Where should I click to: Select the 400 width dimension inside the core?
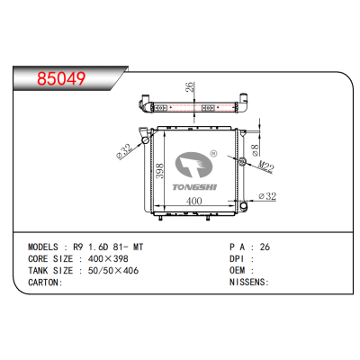coord(193,201)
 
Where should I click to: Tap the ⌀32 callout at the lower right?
coord(266,195)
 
